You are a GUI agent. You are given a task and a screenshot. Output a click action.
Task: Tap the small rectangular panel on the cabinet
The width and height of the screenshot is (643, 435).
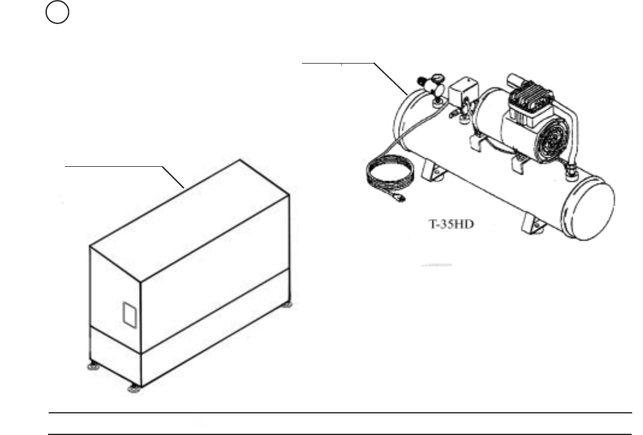tap(130, 315)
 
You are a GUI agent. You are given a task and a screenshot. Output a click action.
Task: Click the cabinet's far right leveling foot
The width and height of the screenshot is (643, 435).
tap(288, 304)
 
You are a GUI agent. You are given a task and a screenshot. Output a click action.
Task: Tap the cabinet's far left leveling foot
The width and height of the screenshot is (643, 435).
tap(92, 365)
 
